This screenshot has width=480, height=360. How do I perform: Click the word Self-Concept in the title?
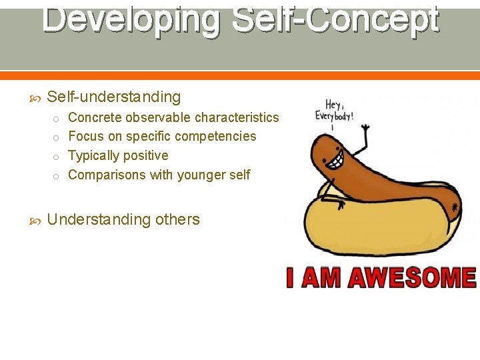point(335,20)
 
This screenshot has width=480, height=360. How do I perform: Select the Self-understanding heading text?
point(114,97)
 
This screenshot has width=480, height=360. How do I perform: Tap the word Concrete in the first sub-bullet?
point(95,117)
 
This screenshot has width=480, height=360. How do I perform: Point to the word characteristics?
point(237,117)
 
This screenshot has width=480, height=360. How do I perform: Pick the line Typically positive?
point(118,155)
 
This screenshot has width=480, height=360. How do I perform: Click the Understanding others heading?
point(123,220)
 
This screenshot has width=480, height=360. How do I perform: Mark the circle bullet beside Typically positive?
point(57,157)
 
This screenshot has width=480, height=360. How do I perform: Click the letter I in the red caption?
point(291,277)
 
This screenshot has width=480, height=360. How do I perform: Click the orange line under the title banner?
point(240,75)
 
